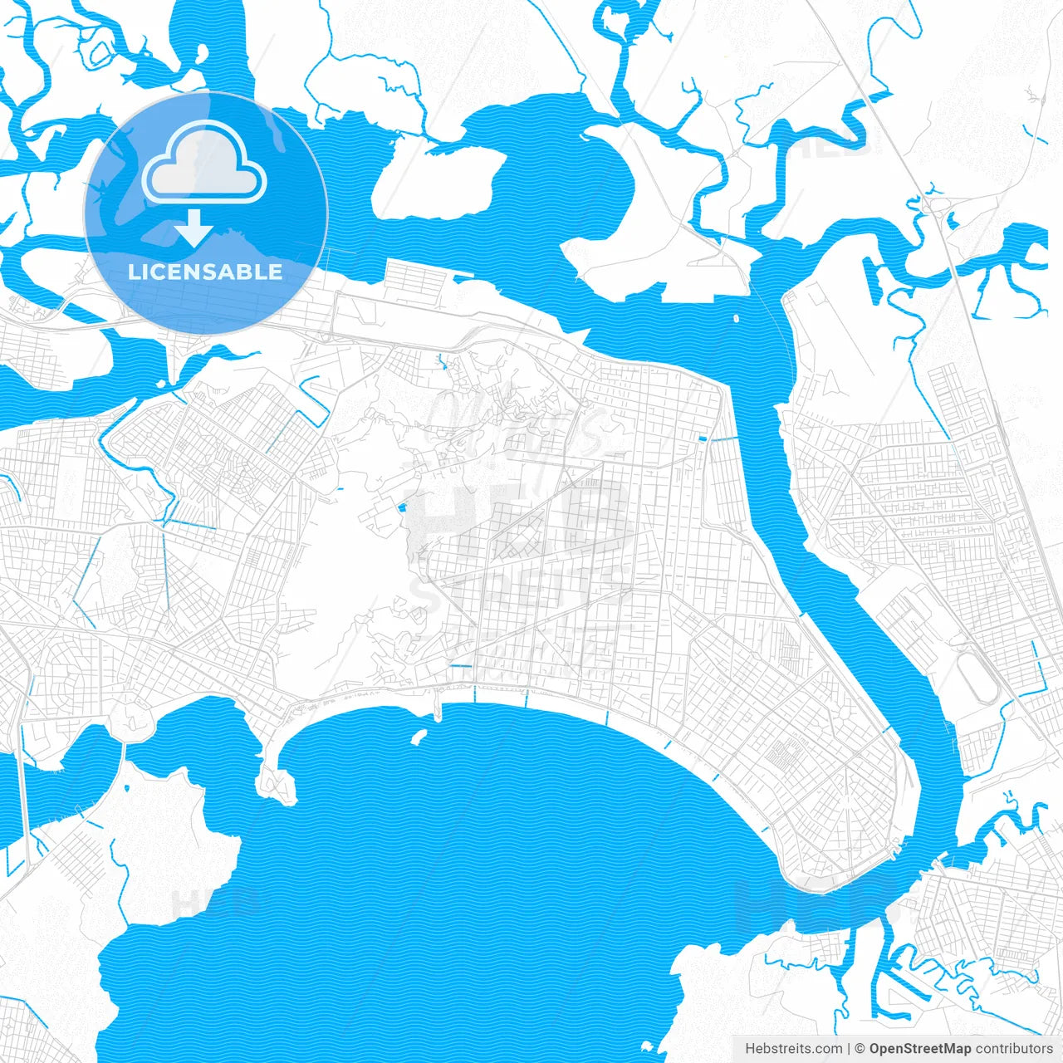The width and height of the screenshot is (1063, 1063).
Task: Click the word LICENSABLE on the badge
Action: (205, 272)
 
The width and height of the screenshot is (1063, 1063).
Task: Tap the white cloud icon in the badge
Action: (204, 164)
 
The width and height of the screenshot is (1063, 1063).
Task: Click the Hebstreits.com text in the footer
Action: (793, 1049)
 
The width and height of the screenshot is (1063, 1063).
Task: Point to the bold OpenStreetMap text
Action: (920, 1049)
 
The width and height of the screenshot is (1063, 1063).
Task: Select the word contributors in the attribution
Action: (1013, 1049)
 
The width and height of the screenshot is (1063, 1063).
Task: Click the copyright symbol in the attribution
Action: (860, 1049)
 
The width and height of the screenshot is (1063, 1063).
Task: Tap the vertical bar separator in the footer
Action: (849, 1049)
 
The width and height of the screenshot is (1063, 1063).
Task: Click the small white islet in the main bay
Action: (419, 736)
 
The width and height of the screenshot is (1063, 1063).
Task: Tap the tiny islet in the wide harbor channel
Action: (736, 317)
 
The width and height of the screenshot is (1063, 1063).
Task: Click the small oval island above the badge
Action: (201, 54)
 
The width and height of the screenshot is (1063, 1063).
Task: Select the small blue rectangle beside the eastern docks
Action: (703, 438)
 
